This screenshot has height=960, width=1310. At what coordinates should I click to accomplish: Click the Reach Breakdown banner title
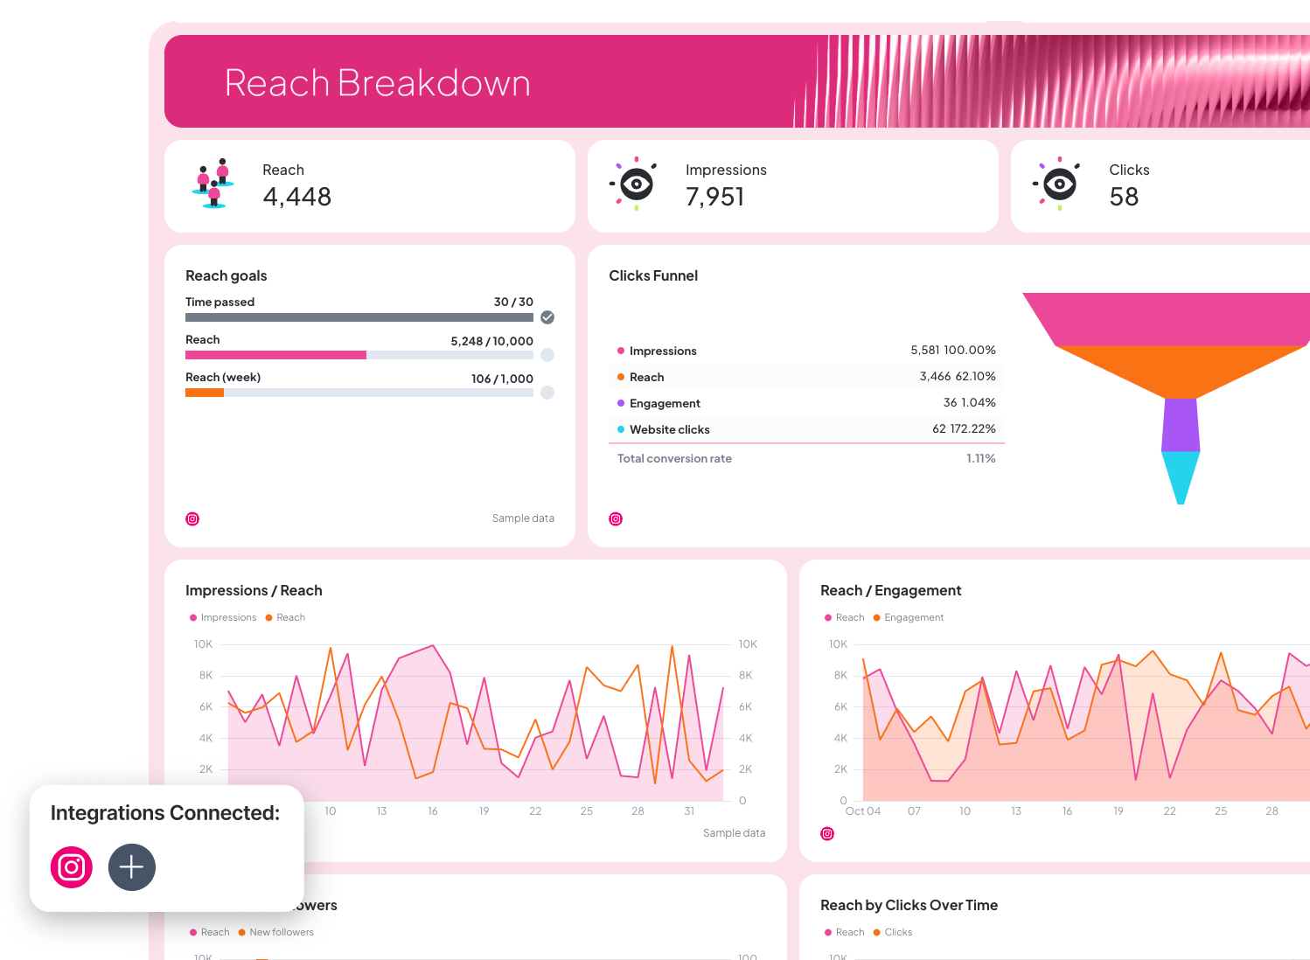377,83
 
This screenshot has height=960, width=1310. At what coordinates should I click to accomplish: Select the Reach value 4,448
296,197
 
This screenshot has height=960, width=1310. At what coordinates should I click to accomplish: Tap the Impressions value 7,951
714,197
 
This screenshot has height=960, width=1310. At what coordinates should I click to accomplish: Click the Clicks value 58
1124,197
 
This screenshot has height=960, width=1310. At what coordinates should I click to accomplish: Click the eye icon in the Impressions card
636,184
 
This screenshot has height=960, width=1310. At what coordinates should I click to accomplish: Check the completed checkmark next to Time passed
547,317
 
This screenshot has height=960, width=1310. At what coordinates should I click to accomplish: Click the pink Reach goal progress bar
275,355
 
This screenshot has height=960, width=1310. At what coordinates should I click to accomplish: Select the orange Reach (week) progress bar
205,393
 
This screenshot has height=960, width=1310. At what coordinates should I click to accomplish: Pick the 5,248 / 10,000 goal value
491,341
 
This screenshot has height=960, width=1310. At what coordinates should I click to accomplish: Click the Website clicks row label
669,429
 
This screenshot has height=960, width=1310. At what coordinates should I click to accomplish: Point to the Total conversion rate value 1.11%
980,458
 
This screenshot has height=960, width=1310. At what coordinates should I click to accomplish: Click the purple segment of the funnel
1181,425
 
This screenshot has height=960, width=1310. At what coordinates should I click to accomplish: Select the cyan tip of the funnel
1181,476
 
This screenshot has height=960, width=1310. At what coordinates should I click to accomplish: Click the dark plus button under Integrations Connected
132,867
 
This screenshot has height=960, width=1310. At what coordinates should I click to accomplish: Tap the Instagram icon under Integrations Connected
72,867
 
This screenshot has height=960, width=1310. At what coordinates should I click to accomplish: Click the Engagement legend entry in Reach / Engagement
913,617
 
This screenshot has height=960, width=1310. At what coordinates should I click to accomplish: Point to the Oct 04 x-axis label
862,811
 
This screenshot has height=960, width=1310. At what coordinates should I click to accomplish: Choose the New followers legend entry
281,932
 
